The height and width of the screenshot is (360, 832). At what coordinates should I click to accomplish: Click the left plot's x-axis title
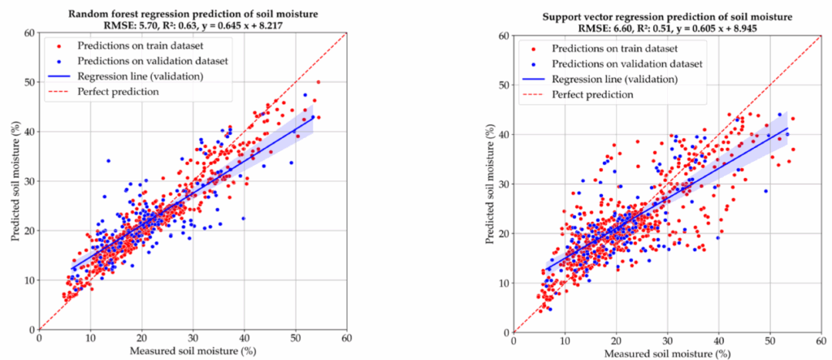point(193,351)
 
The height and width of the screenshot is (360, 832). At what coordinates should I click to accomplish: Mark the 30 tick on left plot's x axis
point(193,338)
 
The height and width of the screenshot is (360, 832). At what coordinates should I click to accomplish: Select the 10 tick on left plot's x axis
point(90,338)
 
